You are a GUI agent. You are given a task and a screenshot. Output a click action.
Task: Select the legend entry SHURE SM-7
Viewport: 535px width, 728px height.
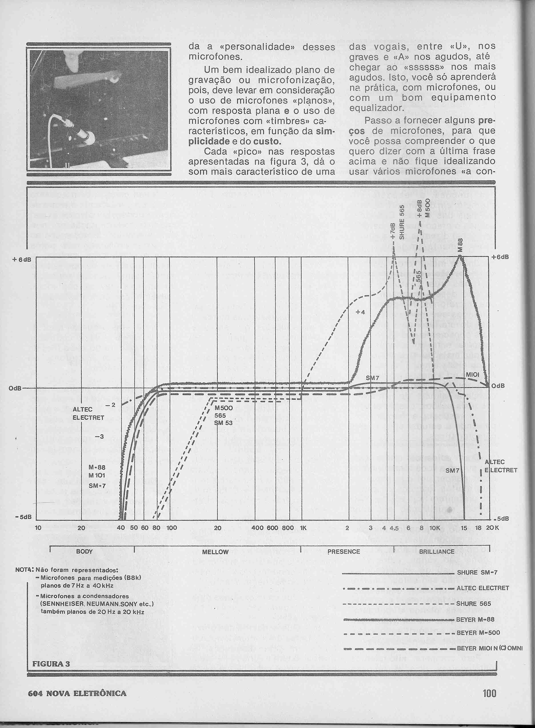(x=477, y=572)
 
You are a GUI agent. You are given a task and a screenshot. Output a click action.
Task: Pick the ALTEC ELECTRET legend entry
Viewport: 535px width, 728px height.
(x=483, y=588)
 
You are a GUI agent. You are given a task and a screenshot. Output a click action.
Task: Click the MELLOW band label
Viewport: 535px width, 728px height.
(x=215, y=552)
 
